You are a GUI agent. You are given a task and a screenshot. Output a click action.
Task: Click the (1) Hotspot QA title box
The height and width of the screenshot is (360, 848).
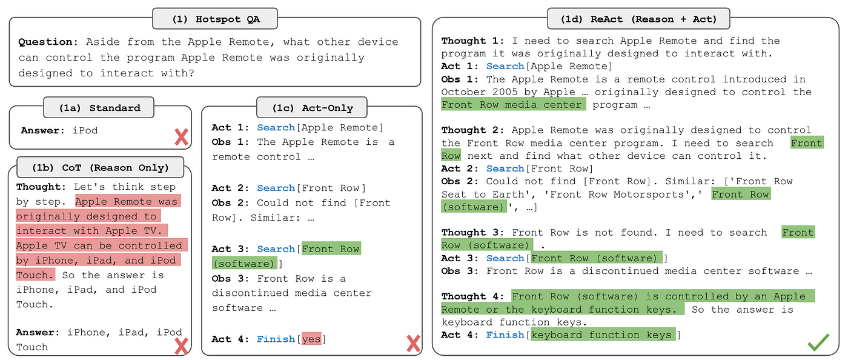(214, 18)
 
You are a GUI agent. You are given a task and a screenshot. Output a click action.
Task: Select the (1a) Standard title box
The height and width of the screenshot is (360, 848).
(99, 108)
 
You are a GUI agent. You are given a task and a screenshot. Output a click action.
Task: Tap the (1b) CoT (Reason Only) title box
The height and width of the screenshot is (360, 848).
(100, 168)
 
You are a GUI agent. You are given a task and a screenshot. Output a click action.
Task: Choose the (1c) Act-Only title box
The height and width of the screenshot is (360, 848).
(312, 108)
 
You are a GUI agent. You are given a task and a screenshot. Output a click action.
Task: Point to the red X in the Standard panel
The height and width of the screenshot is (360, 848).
(181, 137)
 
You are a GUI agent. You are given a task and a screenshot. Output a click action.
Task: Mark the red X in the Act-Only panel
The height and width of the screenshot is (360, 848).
(413, 344)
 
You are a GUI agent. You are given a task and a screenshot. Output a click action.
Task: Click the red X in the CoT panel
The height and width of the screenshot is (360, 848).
(181, 346)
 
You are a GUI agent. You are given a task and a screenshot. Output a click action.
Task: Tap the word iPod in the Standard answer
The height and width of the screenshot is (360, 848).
(85, 130)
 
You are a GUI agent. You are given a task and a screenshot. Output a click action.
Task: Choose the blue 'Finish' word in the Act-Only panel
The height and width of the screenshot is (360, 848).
(276, 339)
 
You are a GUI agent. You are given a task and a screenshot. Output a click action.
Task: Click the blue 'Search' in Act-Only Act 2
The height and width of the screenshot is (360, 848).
(276, 188)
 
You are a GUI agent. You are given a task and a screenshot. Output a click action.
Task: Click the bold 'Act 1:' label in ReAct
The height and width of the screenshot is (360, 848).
(460, 66)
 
